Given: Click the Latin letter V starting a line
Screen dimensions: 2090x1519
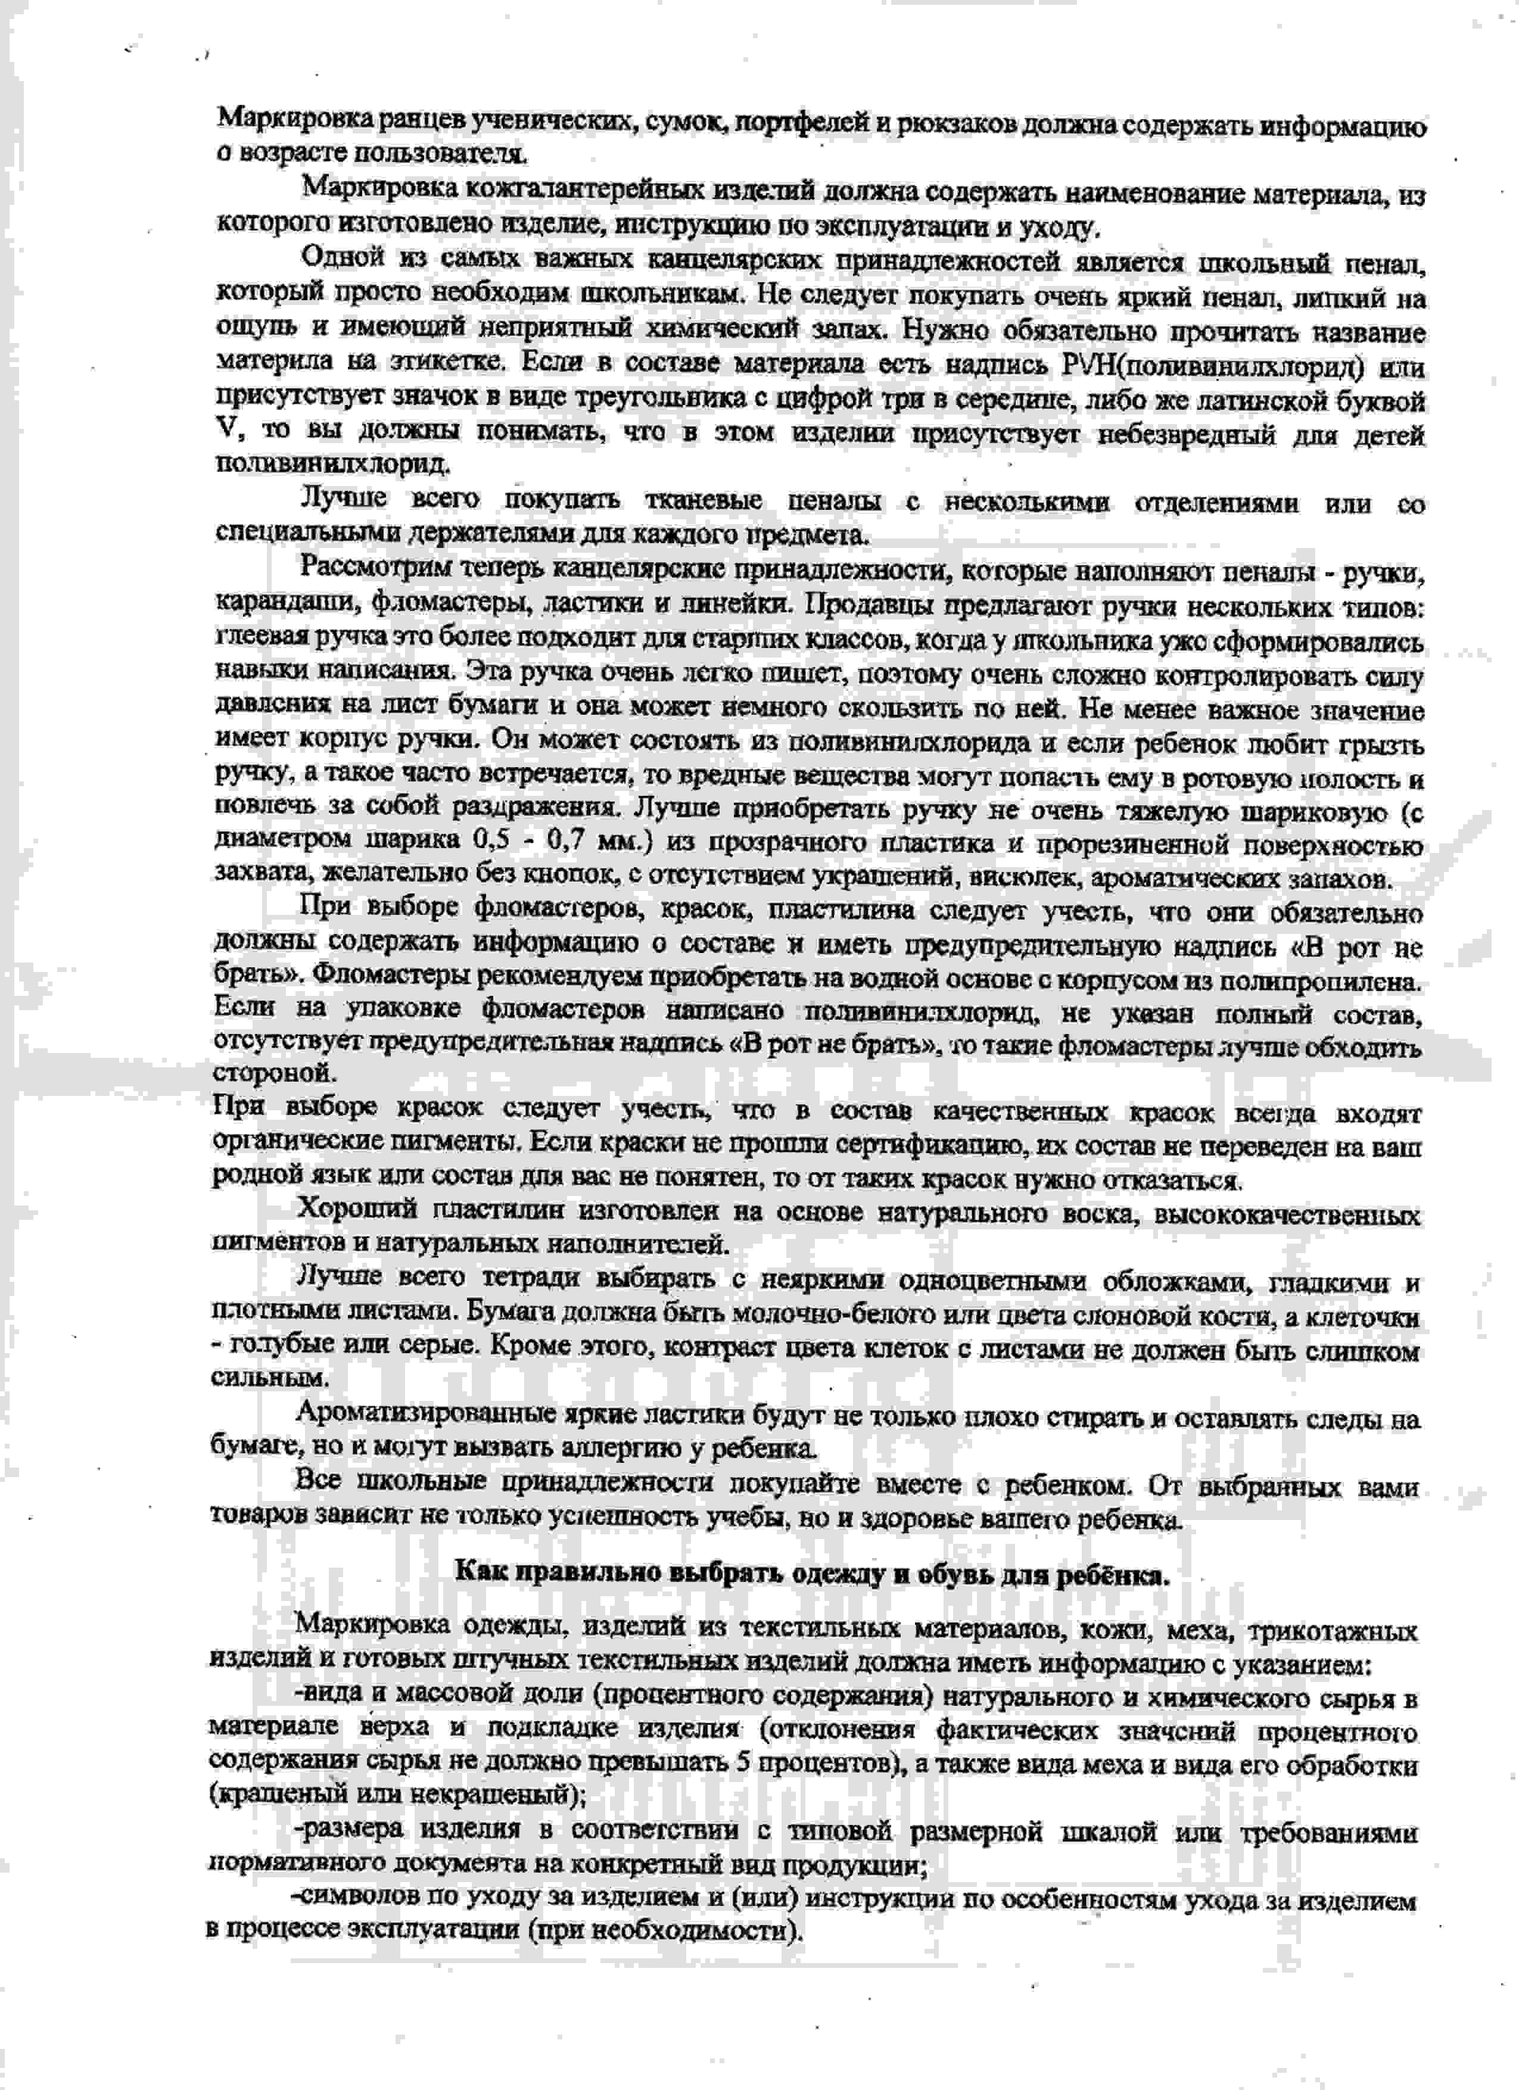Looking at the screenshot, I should click(x=226, y=431).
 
